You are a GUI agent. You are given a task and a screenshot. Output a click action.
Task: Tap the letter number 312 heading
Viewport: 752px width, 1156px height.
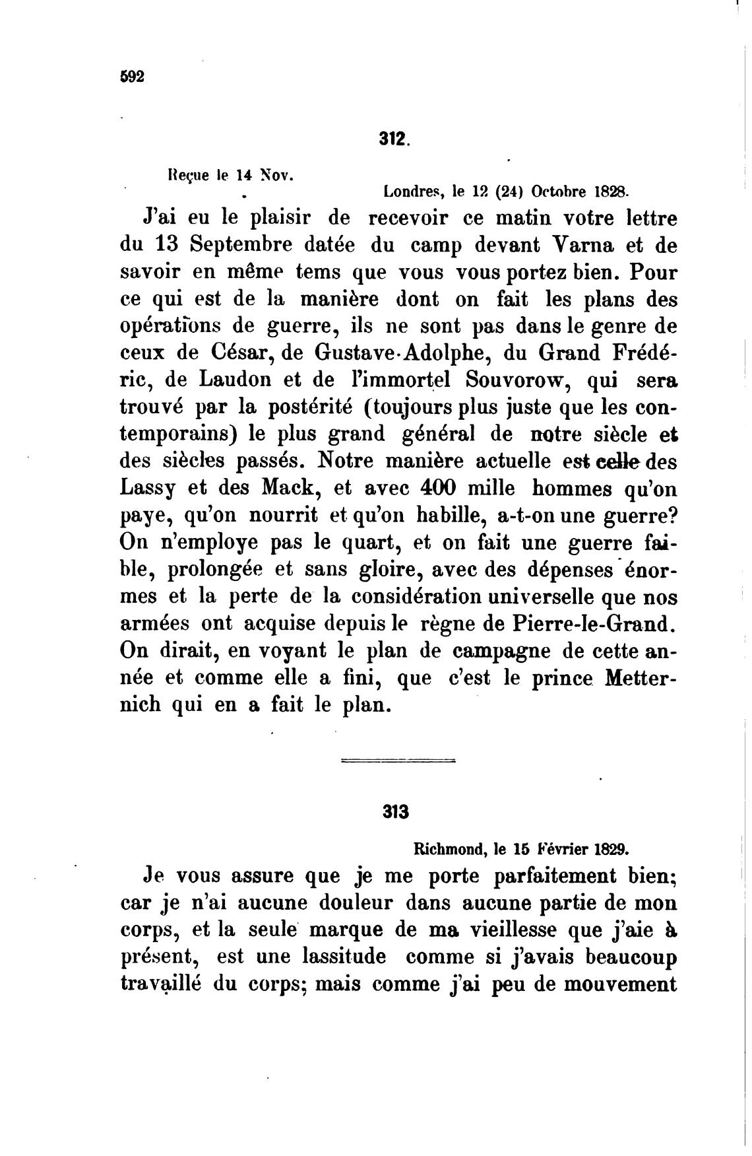click(x=394, y=139)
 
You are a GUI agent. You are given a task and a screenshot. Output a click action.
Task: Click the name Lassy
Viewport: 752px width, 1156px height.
click(x=149, y=491)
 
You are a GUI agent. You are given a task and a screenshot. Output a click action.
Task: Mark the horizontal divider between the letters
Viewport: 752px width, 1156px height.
click(x=398, y=762)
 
